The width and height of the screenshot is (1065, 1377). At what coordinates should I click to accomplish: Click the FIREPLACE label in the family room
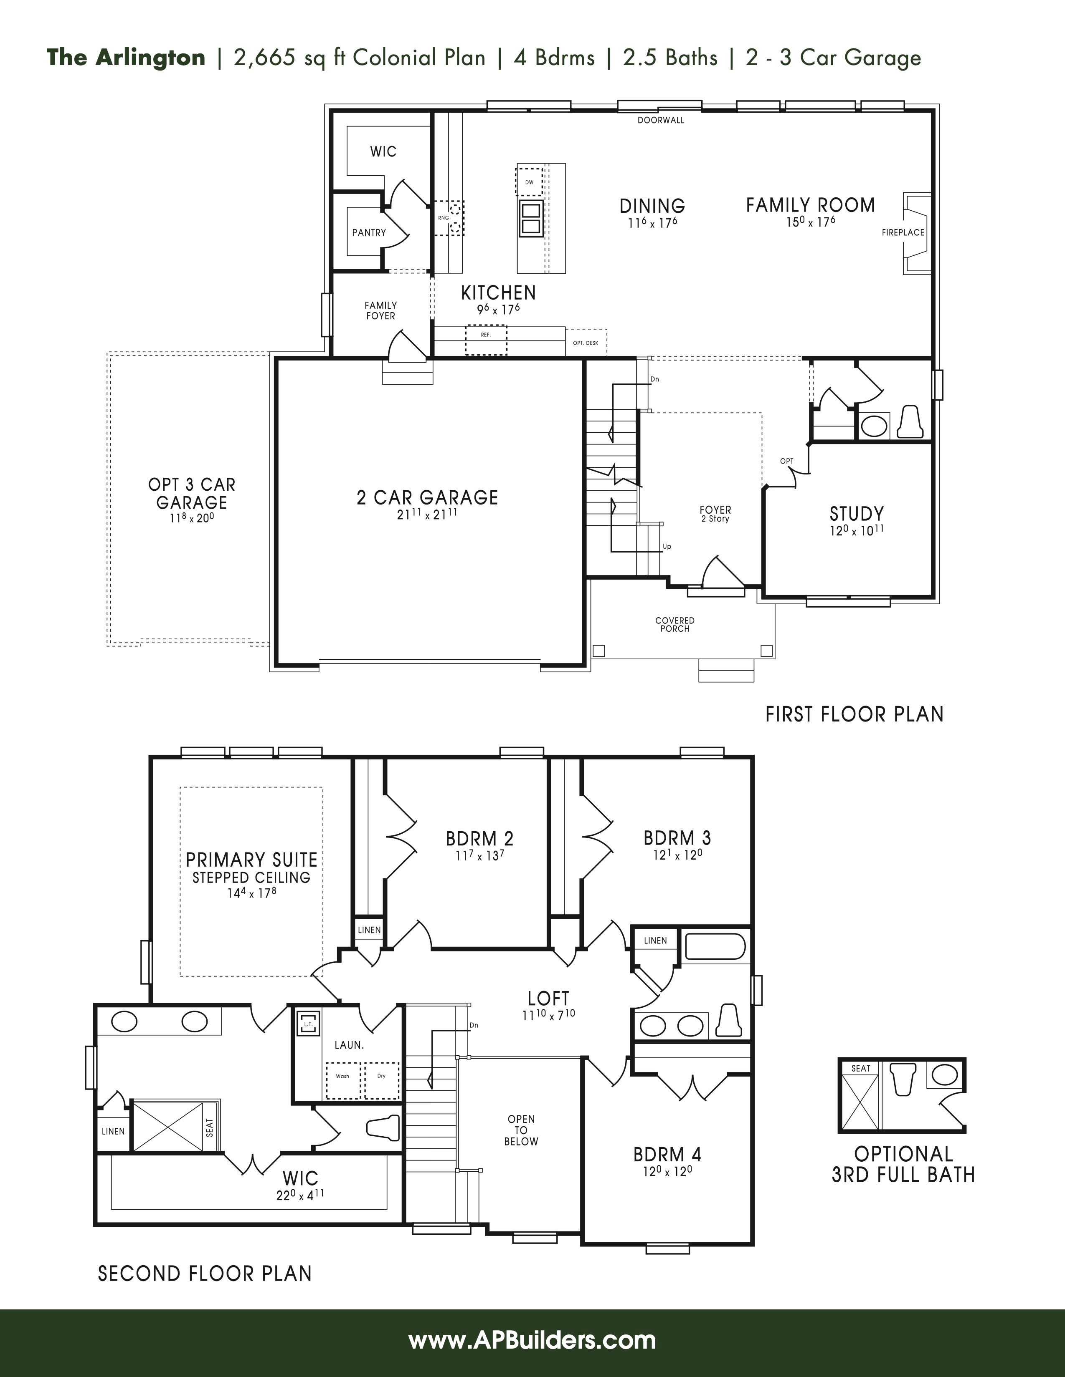903,233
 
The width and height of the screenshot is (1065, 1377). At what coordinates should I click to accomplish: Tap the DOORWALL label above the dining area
661,120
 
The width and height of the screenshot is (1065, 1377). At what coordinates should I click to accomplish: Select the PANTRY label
369,233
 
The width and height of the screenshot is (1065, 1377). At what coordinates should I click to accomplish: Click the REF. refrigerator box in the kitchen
486,340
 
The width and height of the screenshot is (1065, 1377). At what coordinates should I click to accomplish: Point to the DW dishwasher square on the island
529,182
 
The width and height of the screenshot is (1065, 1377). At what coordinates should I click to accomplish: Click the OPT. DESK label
586,343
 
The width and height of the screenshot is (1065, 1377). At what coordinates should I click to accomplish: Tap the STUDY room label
857,513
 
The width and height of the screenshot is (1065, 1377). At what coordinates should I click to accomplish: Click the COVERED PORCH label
675,624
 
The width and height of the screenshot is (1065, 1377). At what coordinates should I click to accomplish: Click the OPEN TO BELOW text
521,1130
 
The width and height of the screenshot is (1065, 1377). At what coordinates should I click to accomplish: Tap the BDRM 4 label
667,1155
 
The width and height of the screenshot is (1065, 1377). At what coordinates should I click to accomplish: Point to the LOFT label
548,998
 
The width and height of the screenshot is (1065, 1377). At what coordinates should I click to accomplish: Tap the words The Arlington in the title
126,58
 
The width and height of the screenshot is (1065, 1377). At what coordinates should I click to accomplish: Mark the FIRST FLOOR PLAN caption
854,714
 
